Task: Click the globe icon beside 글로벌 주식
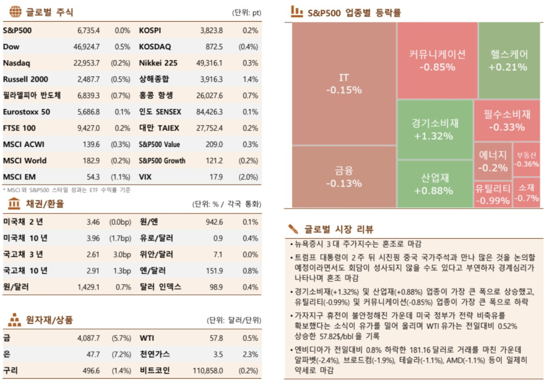pyautogui.click(x=16, y=11)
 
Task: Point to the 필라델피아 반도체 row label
pyautogui.click(x=32, y=95)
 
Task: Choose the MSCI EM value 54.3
pyautogui.click(x=93, y=177)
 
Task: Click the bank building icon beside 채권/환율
pyautogui.click(x=14, y=203)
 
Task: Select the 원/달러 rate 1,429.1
pyautogui.click(x=88, y=287)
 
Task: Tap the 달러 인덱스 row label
pyautogui.click(x=160, y=287)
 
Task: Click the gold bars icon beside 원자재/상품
pyautogui.click(x=15, y=319)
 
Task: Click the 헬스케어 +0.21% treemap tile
pyautogui.click(x=509, y=60)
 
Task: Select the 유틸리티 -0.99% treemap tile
pyautogui.click(x=493, y=193)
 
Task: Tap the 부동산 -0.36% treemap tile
pyautogui.click(x=526, y=159)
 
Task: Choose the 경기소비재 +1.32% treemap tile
pyautogui.click(x=435, y=129)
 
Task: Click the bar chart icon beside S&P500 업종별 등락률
pyautogui.click(x=296, y=11)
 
